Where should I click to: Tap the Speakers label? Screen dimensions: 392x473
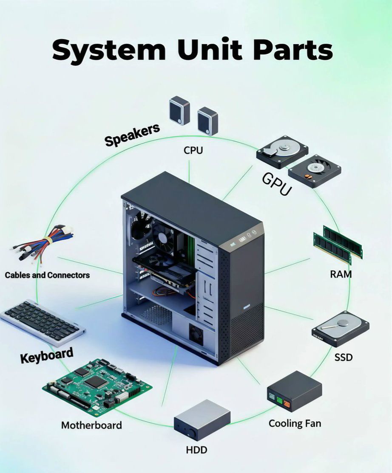point(132,135)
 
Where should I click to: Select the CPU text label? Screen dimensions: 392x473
point(193,150)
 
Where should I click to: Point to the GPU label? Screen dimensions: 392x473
point(277,184)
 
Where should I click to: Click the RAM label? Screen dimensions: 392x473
point(341,274)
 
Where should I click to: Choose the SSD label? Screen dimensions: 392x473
point(344,357)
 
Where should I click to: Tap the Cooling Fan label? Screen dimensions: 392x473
point(295,423)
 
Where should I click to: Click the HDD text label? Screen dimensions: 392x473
point(196,450)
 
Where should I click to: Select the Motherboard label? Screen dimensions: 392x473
point(91,425)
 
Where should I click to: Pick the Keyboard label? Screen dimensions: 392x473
point(47,355)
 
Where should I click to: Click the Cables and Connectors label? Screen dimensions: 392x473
point(47,275)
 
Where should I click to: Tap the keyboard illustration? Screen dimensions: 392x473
point(43,323)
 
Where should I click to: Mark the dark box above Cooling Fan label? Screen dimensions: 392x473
point(295,391)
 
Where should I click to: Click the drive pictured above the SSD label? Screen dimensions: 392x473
point(341,329)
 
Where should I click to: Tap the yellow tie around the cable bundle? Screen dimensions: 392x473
point(48,241)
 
